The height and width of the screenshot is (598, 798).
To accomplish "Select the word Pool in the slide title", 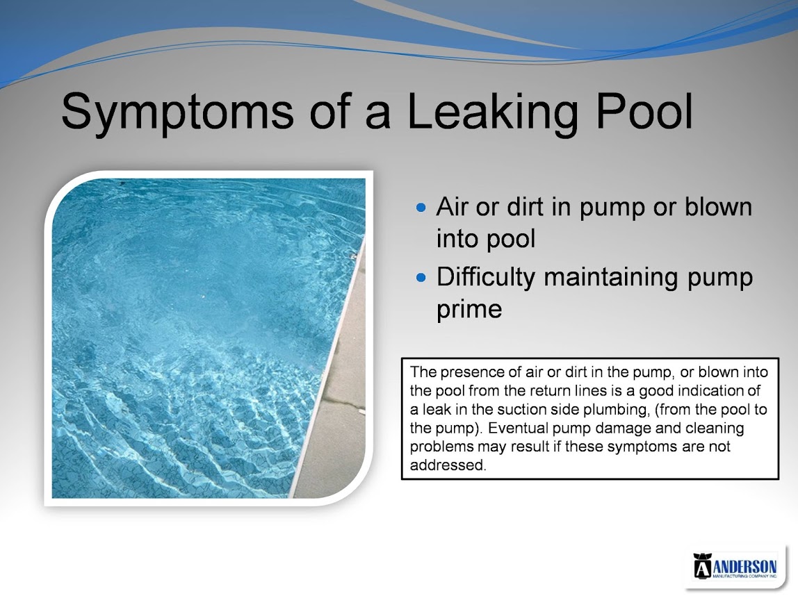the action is (x=644, y=110).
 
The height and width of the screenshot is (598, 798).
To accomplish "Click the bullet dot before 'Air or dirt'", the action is (x=421, y=208).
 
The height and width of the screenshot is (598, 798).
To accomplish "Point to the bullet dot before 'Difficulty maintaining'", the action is (x=421, y=278).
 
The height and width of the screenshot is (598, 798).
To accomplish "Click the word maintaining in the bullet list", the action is (x=612, y=278).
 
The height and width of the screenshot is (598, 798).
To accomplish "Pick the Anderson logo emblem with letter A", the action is (x=701, y=566).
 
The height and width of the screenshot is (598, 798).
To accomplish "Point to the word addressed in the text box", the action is (x=448, y=465).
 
